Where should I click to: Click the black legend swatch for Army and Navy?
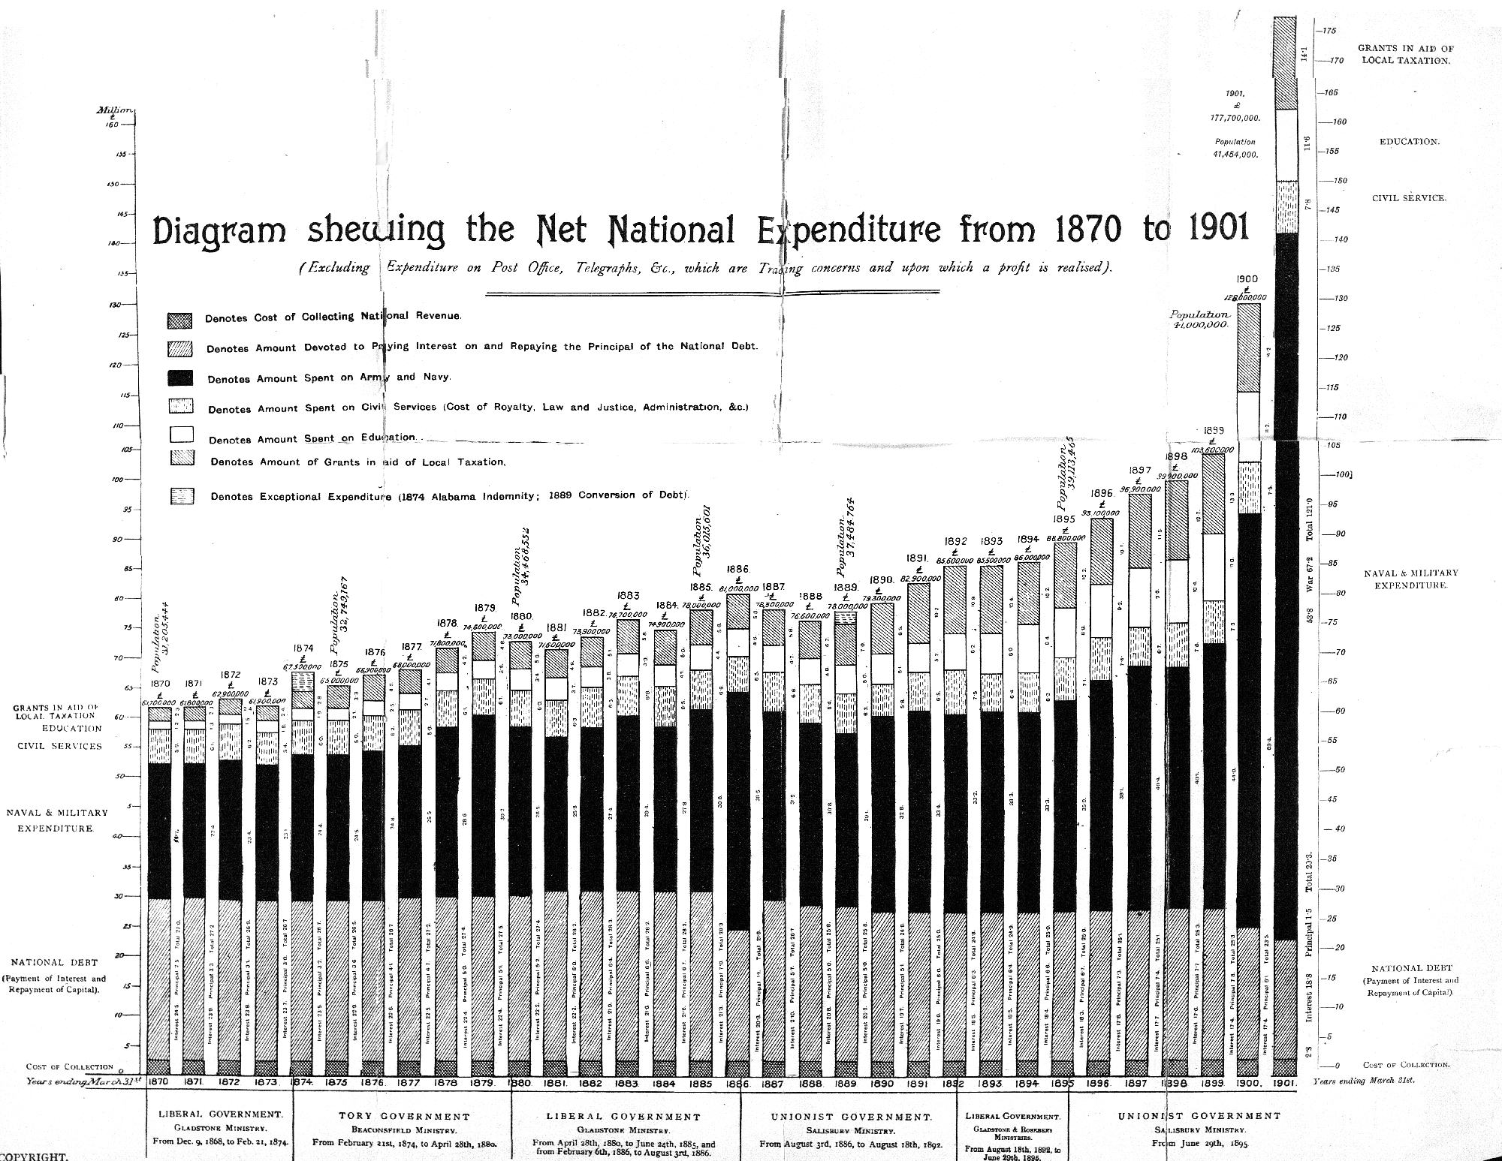point(180,377)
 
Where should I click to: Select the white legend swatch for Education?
point(182,434)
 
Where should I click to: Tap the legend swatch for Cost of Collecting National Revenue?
point(179,320)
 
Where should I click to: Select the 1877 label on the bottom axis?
point(409,1084)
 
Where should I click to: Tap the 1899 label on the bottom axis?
point(1212,1084)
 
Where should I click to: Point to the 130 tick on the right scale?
point(1335,298)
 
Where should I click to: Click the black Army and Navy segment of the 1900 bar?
point(1248,720)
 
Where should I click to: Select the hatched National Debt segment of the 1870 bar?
point(158,976)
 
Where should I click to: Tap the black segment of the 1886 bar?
point(737,811)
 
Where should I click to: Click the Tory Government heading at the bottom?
point(404,1117)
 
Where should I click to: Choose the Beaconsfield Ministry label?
point(404,1129)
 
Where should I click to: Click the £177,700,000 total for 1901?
point(1235,118)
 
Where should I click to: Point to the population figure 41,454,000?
point(1235,155)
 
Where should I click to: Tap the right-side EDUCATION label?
point(1409,141)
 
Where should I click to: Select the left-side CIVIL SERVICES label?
point(59,746)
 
